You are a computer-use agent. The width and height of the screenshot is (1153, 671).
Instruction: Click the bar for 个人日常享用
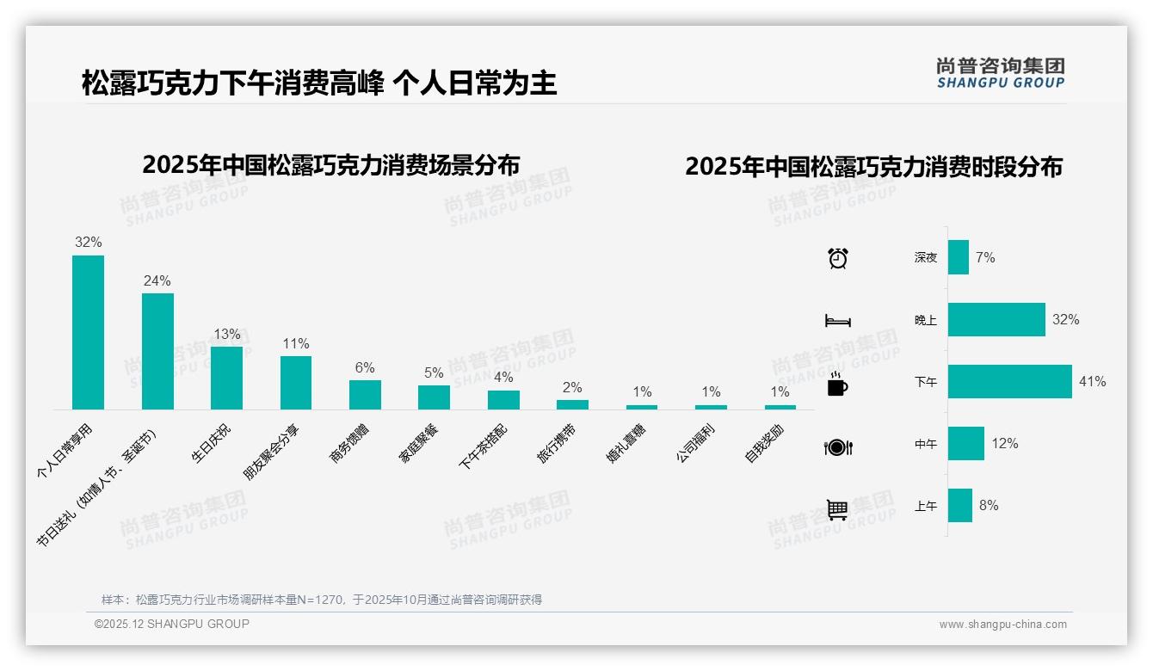88,332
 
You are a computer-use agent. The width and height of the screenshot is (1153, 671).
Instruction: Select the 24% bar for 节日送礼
157,351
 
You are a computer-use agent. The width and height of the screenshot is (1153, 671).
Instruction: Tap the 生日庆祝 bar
226,378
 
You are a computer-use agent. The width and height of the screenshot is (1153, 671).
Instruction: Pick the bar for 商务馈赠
365,395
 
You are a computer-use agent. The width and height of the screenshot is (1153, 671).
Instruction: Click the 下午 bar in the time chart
1009,381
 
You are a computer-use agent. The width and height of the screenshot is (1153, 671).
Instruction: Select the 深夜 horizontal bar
959,257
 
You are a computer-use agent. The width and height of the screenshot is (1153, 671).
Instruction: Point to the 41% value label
1092,381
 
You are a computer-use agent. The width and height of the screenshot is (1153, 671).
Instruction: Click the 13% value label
226,334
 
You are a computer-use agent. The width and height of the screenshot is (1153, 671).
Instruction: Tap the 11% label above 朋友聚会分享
295,343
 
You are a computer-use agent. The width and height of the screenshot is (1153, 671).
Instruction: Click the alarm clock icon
837,258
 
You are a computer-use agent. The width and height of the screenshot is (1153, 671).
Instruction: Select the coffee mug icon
837,385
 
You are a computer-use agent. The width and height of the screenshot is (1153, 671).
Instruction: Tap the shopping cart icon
837,509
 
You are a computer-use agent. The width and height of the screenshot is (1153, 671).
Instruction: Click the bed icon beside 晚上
837,321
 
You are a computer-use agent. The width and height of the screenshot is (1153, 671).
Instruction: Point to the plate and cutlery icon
837,446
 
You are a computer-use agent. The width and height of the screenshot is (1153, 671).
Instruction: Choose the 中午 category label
926,444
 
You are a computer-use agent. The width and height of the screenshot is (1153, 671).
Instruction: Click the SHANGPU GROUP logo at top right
1000,73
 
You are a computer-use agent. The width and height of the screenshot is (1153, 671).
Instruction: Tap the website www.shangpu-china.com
1002,625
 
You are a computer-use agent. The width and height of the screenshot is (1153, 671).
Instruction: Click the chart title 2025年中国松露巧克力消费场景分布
331,164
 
